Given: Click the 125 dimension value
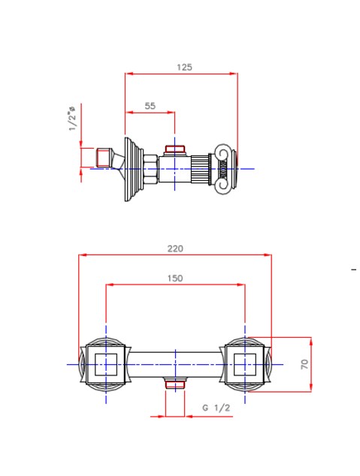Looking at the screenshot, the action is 184,67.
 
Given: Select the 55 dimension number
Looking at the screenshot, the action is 150,106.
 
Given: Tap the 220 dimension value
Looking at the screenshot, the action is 175,249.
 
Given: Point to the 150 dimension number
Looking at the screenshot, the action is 175,279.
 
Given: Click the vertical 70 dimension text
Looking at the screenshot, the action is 304,364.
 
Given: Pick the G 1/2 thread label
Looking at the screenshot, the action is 216,408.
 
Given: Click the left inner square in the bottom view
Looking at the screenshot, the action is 106,364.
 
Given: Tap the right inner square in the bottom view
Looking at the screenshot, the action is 245,364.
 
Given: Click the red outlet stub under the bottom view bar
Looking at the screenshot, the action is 175,385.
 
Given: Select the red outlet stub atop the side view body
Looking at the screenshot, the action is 175,149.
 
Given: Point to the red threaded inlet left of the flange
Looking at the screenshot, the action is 103,157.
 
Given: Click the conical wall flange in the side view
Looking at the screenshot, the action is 133,169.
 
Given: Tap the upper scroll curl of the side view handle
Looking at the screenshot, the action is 223,153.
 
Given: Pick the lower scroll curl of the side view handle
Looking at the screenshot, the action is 223,185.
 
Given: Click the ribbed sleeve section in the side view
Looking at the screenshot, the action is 200,169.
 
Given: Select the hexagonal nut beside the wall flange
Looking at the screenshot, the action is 150,169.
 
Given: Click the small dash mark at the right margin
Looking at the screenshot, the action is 354,269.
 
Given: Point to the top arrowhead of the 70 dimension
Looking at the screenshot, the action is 311,341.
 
